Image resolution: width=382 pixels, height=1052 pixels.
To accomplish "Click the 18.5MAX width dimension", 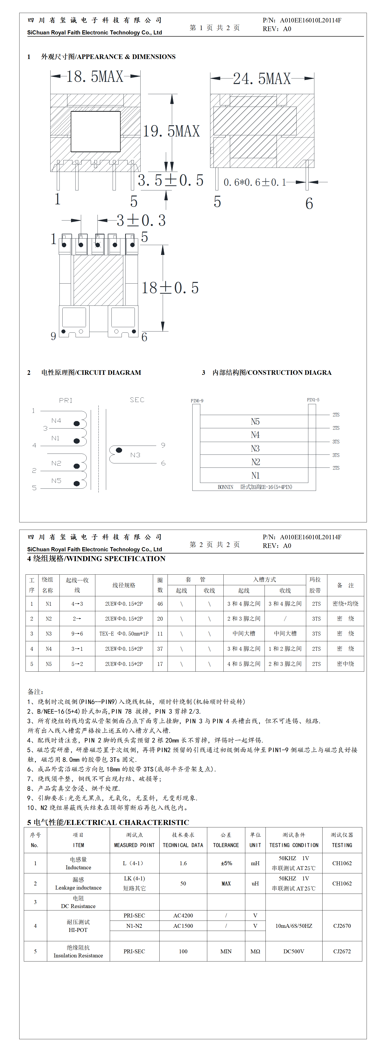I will (95, 76).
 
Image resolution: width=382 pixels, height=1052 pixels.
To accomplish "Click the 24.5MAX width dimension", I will (262, 78).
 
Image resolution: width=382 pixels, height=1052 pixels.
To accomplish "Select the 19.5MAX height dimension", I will (171, 131).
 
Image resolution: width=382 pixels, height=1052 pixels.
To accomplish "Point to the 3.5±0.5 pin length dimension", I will (170, 180).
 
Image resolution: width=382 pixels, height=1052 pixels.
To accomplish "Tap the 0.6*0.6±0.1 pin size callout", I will (254, 182).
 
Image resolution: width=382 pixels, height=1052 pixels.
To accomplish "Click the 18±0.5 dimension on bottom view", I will (170, 288).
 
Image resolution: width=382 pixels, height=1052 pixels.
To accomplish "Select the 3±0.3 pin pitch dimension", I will (141, 221).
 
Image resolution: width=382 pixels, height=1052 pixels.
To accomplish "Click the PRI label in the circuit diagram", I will (66, 400).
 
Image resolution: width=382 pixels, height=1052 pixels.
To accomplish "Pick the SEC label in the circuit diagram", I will (137, 400).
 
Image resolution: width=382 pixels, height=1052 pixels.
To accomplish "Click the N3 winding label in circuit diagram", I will (135, 455).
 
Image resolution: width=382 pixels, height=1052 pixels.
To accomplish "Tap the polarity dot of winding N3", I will (119, 450).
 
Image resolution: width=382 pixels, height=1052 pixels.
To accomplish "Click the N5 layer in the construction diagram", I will (255, 422).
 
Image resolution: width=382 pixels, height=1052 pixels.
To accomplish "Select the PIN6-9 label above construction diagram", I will (197, 401).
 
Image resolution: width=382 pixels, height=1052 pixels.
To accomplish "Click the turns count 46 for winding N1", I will (160, 604).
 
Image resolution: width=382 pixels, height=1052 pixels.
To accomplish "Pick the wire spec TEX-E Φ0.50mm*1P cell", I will (124, 633).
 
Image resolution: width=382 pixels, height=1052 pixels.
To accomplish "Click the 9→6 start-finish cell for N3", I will (77, 633).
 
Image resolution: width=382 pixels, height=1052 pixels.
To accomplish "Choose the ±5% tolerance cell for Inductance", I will (226, 863).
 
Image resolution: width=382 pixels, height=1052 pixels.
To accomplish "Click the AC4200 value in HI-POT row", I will (183, 915).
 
